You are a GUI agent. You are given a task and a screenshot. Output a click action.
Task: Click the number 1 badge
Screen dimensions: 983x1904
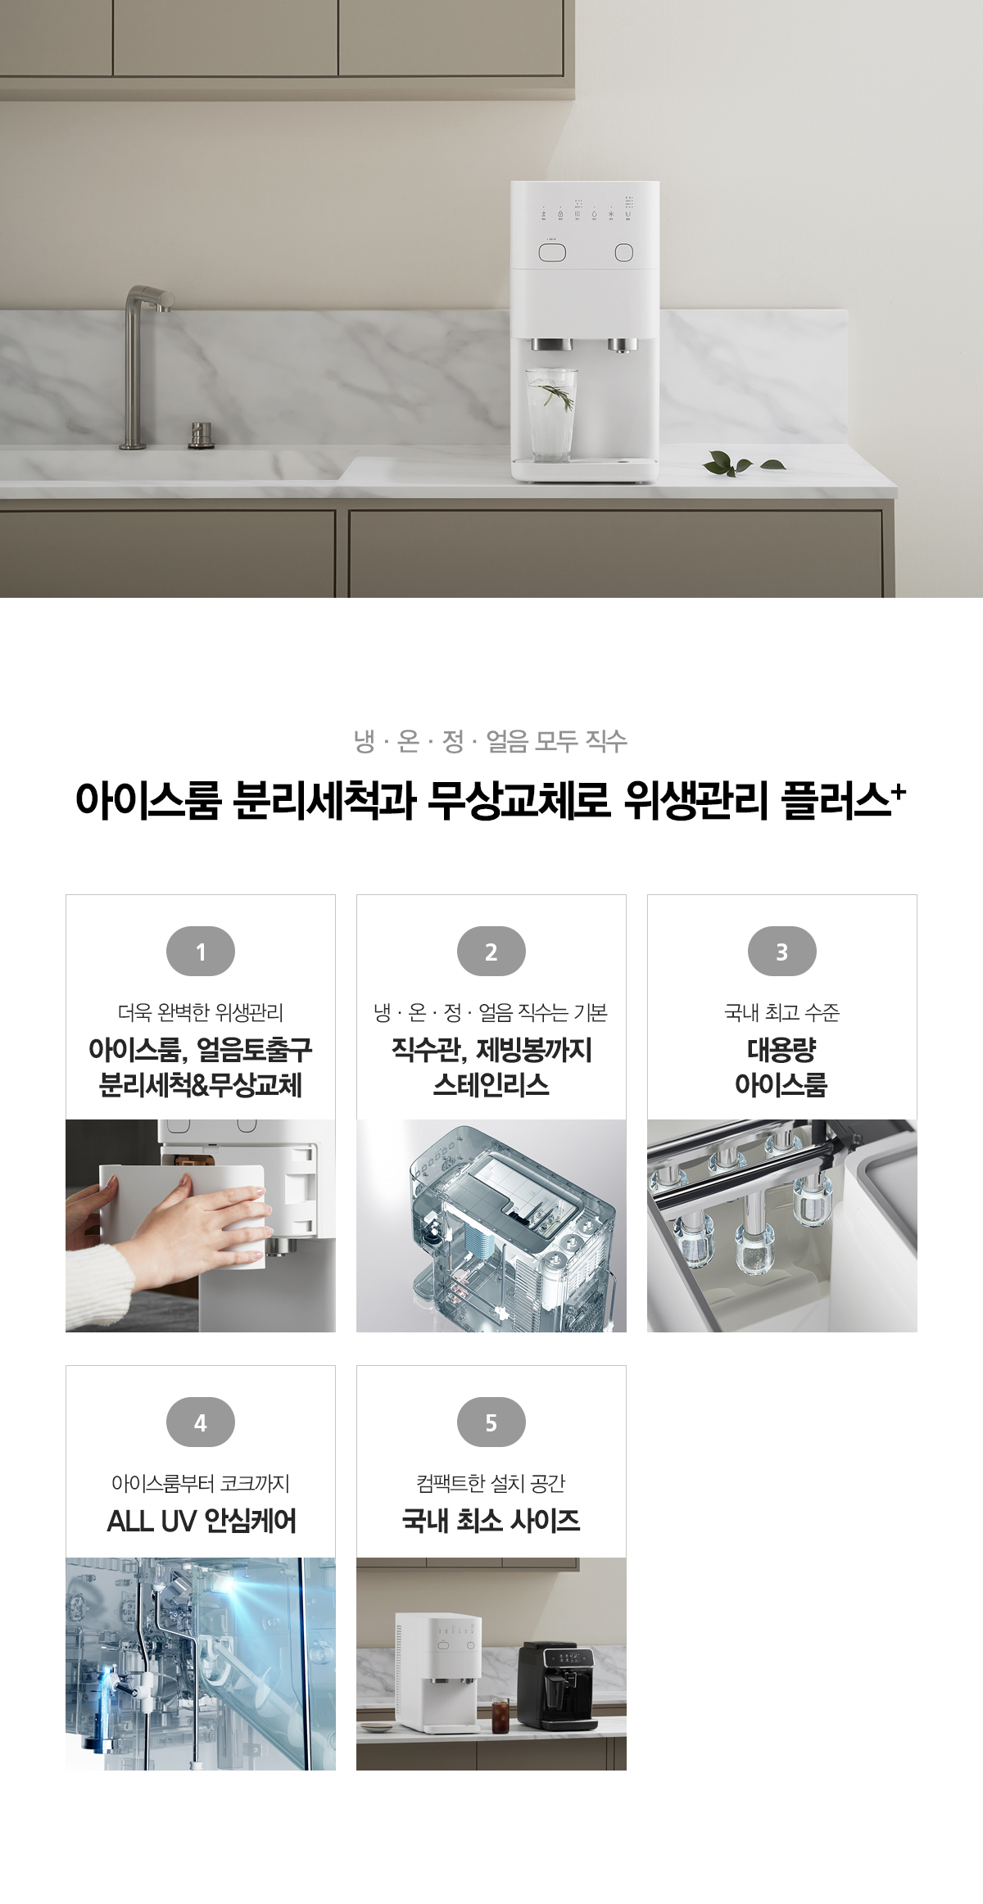tap(201, 951)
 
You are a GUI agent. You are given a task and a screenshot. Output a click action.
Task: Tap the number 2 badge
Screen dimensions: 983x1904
tap(491, 951)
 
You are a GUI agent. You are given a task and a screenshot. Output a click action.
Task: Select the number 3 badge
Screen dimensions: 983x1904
tap(782, 951)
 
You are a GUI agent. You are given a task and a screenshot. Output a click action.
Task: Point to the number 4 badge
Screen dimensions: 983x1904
tap(201, 1422)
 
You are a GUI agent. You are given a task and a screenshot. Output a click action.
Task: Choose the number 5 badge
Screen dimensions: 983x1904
tap(491, 1422)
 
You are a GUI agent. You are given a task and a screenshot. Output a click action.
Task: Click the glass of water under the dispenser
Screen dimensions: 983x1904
tap(551, 414)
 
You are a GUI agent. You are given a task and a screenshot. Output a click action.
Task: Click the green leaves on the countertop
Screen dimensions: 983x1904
tap(742, 464)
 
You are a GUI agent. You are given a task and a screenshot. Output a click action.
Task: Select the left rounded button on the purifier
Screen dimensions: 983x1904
tap(552, 252)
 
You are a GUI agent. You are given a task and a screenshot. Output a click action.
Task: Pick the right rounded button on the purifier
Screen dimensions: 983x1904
tap(624, 252)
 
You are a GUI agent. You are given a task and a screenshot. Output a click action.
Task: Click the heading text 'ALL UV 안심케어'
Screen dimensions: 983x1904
tap(202, 1521)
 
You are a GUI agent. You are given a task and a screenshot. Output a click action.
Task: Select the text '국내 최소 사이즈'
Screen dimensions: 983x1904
tap(491, 1521)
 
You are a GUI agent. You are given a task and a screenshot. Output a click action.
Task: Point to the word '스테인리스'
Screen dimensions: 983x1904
tap(491, 1085)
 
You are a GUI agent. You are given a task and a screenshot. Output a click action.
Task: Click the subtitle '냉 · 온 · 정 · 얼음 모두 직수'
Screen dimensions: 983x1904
tap(491, 741)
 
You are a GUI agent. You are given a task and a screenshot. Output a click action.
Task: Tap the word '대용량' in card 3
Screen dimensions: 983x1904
tap(781, 1050)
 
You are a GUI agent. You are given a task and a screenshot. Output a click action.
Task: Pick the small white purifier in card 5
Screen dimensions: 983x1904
tap(437, 1671)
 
